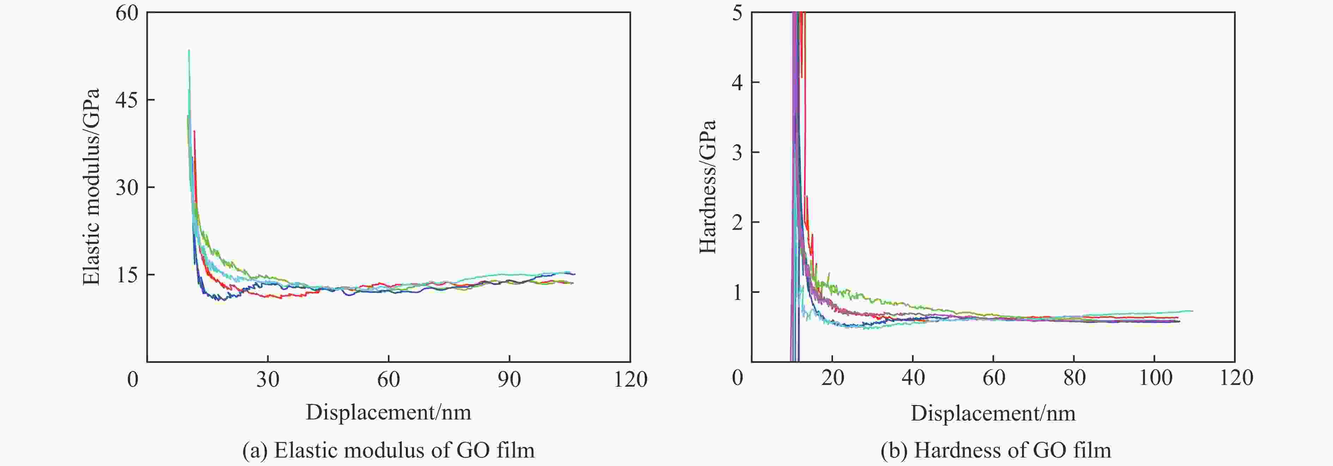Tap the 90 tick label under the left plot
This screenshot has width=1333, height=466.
tap(509, 380)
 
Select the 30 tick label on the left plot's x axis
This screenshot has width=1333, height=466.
tap(268, 380)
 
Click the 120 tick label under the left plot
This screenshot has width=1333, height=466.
tap(630, 380)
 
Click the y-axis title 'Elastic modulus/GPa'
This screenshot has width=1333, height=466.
tap(91, 187)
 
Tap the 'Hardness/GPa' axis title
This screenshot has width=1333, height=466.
tap(707, 187)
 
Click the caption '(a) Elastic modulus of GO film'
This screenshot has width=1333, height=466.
tap(388, 450)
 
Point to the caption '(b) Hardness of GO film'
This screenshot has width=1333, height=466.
tap(996, 450)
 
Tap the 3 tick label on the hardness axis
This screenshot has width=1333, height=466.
tap(737, 153)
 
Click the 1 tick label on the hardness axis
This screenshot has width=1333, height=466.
tap(737, 293)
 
